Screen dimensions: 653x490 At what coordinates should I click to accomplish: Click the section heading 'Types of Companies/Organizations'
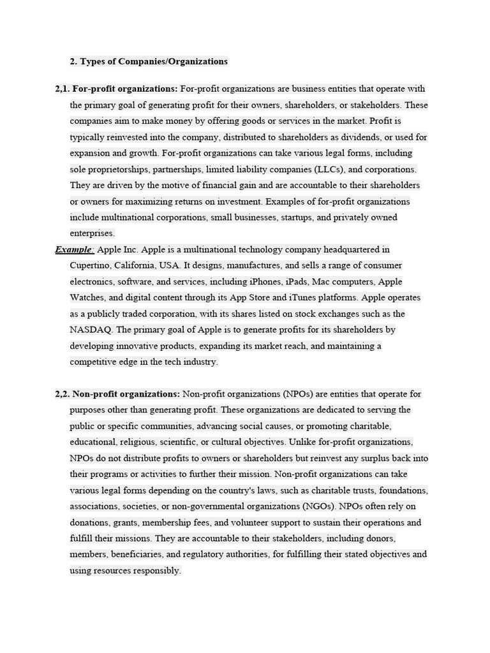click(x=153, y=62)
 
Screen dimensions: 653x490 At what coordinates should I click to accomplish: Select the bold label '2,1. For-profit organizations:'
click(x=117, y=89)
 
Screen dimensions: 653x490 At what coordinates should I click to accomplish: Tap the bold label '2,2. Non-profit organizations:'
click(x=118, y=394)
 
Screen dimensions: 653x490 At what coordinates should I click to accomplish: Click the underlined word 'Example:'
click(x=75, y=249)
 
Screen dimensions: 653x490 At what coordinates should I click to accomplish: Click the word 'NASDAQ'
click(x=91, y=330)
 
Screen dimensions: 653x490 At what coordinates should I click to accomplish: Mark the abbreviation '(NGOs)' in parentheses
click(x=318, y=506)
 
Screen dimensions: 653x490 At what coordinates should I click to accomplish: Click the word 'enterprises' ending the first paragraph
click(x=91, y=233)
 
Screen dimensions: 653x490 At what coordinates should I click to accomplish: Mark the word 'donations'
click(x=91, y=522)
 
